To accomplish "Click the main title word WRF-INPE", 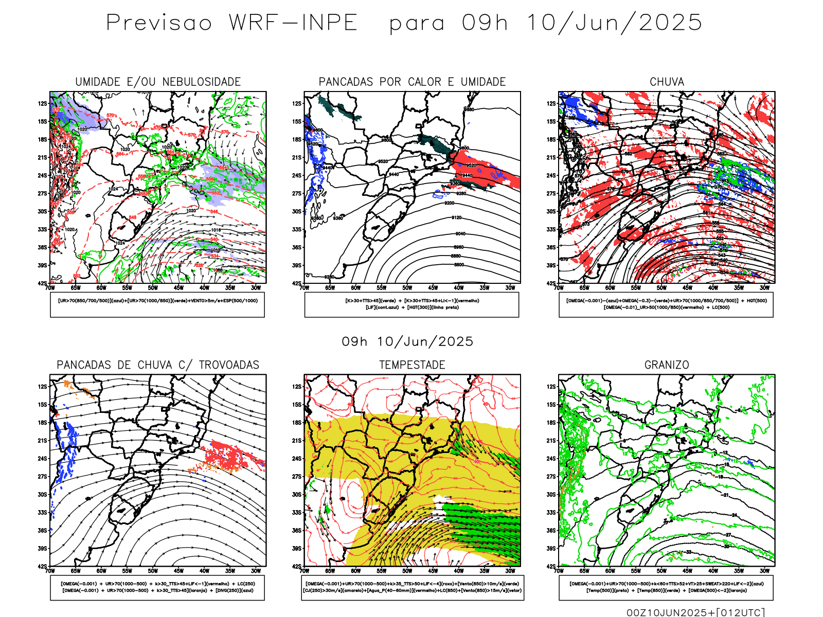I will click(x=293, y=23).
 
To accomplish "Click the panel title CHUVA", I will click(x=667, y=82).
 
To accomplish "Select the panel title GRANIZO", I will click(x=667, y=365).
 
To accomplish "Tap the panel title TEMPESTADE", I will click(x=412, y=365).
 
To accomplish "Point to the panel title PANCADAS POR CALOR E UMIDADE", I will click(x=412, y=82).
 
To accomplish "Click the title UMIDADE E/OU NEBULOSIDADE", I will click(x=158, y=82).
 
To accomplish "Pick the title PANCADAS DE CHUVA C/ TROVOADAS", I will click(x=158, y=365).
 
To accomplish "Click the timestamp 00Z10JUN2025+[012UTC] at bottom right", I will click(x=695, y=612).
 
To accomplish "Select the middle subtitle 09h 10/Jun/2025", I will click(x=407, y=341).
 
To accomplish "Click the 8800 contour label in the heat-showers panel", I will click(x=458, y=265).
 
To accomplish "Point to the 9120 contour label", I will click(x=457, y=217).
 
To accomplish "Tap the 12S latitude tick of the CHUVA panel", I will click(x=551, y=103).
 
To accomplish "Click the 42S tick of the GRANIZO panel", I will click(x=551, y=566).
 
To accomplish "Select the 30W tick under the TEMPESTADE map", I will click(x=510, y=571).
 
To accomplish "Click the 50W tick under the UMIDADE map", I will click(x=153, y=288).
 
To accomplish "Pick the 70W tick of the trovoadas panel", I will click(x=50, y=571).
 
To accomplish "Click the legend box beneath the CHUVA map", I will click(x=666, y=304).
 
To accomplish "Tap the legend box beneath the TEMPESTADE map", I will click(x=412, y=587).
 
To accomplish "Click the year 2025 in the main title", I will click(x=670, y=23).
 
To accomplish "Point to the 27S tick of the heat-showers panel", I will click(x=297, y=193).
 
